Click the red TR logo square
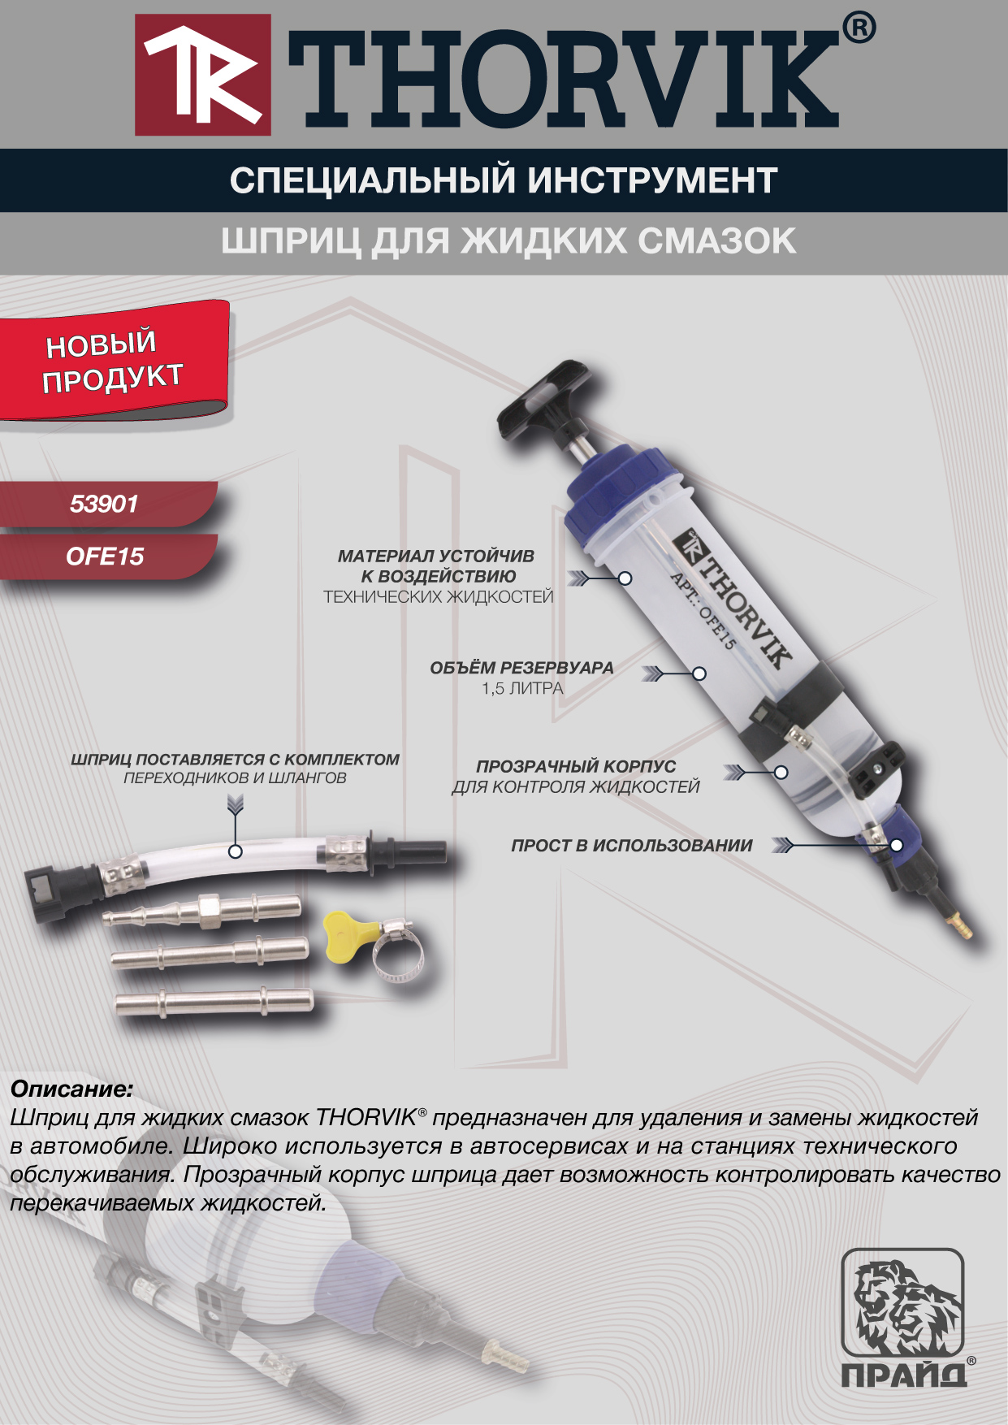click(x=203, y=75)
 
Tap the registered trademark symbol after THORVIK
click(x=859, y=28)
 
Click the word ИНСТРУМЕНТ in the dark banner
click(x=652, y=180)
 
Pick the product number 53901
click(x=104, y=505)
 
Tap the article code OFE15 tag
click(x=105, y=557)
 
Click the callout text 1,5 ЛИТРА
click(x=522, y=689)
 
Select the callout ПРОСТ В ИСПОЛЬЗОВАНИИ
click(x=632, y=846)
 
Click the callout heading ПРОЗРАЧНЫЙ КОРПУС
click(x=576, y=766)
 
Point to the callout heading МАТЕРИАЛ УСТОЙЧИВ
click(x=436, y=557)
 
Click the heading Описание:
click(x=71, y=1089)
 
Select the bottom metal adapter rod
click(x=214, y=1003)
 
